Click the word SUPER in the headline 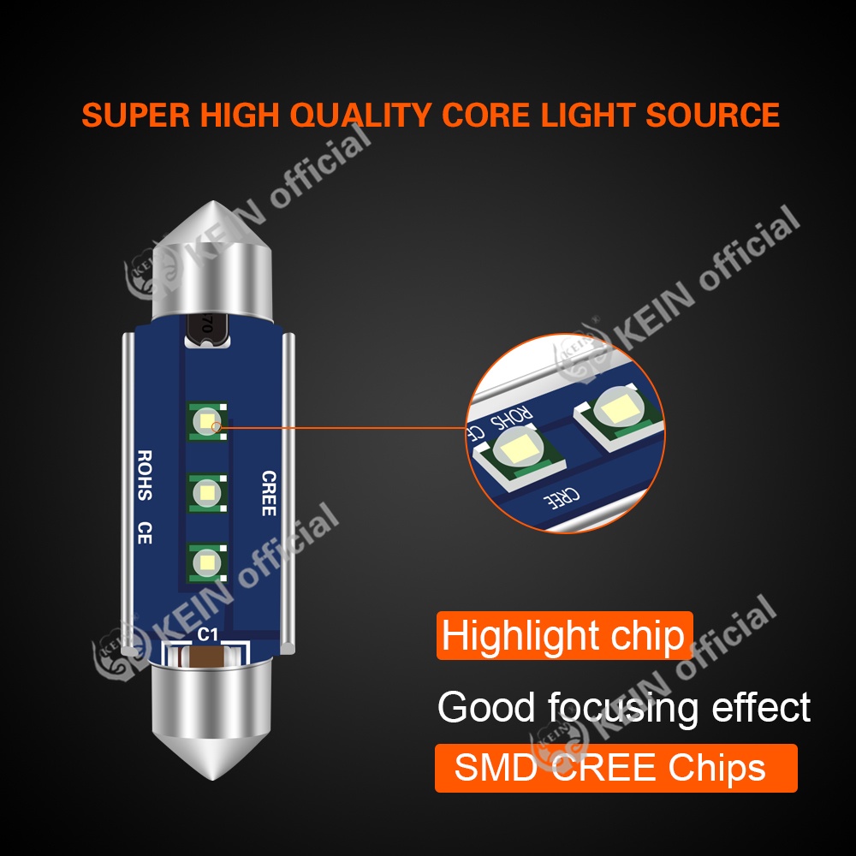136,116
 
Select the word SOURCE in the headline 712,116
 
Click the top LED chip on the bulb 207,421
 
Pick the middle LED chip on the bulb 207,493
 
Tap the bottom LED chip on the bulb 207,562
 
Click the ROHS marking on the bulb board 144,475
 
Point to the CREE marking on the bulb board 269,493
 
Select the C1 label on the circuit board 207,634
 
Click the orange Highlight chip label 564,635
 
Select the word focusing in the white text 623,708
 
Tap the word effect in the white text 761,707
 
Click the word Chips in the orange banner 717,768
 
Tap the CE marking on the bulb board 144,532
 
